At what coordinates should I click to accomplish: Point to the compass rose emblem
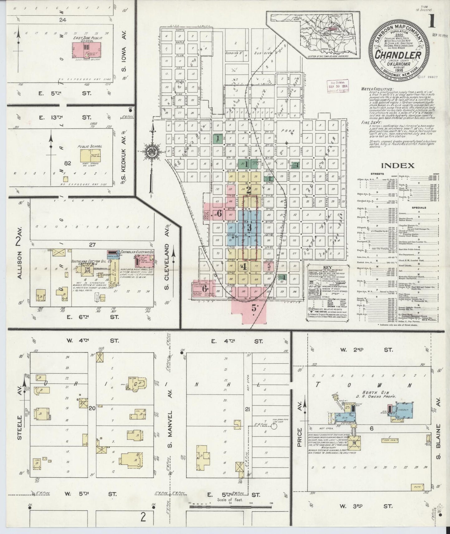tap(152, 152)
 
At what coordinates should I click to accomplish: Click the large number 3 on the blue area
tap(249, 227)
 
